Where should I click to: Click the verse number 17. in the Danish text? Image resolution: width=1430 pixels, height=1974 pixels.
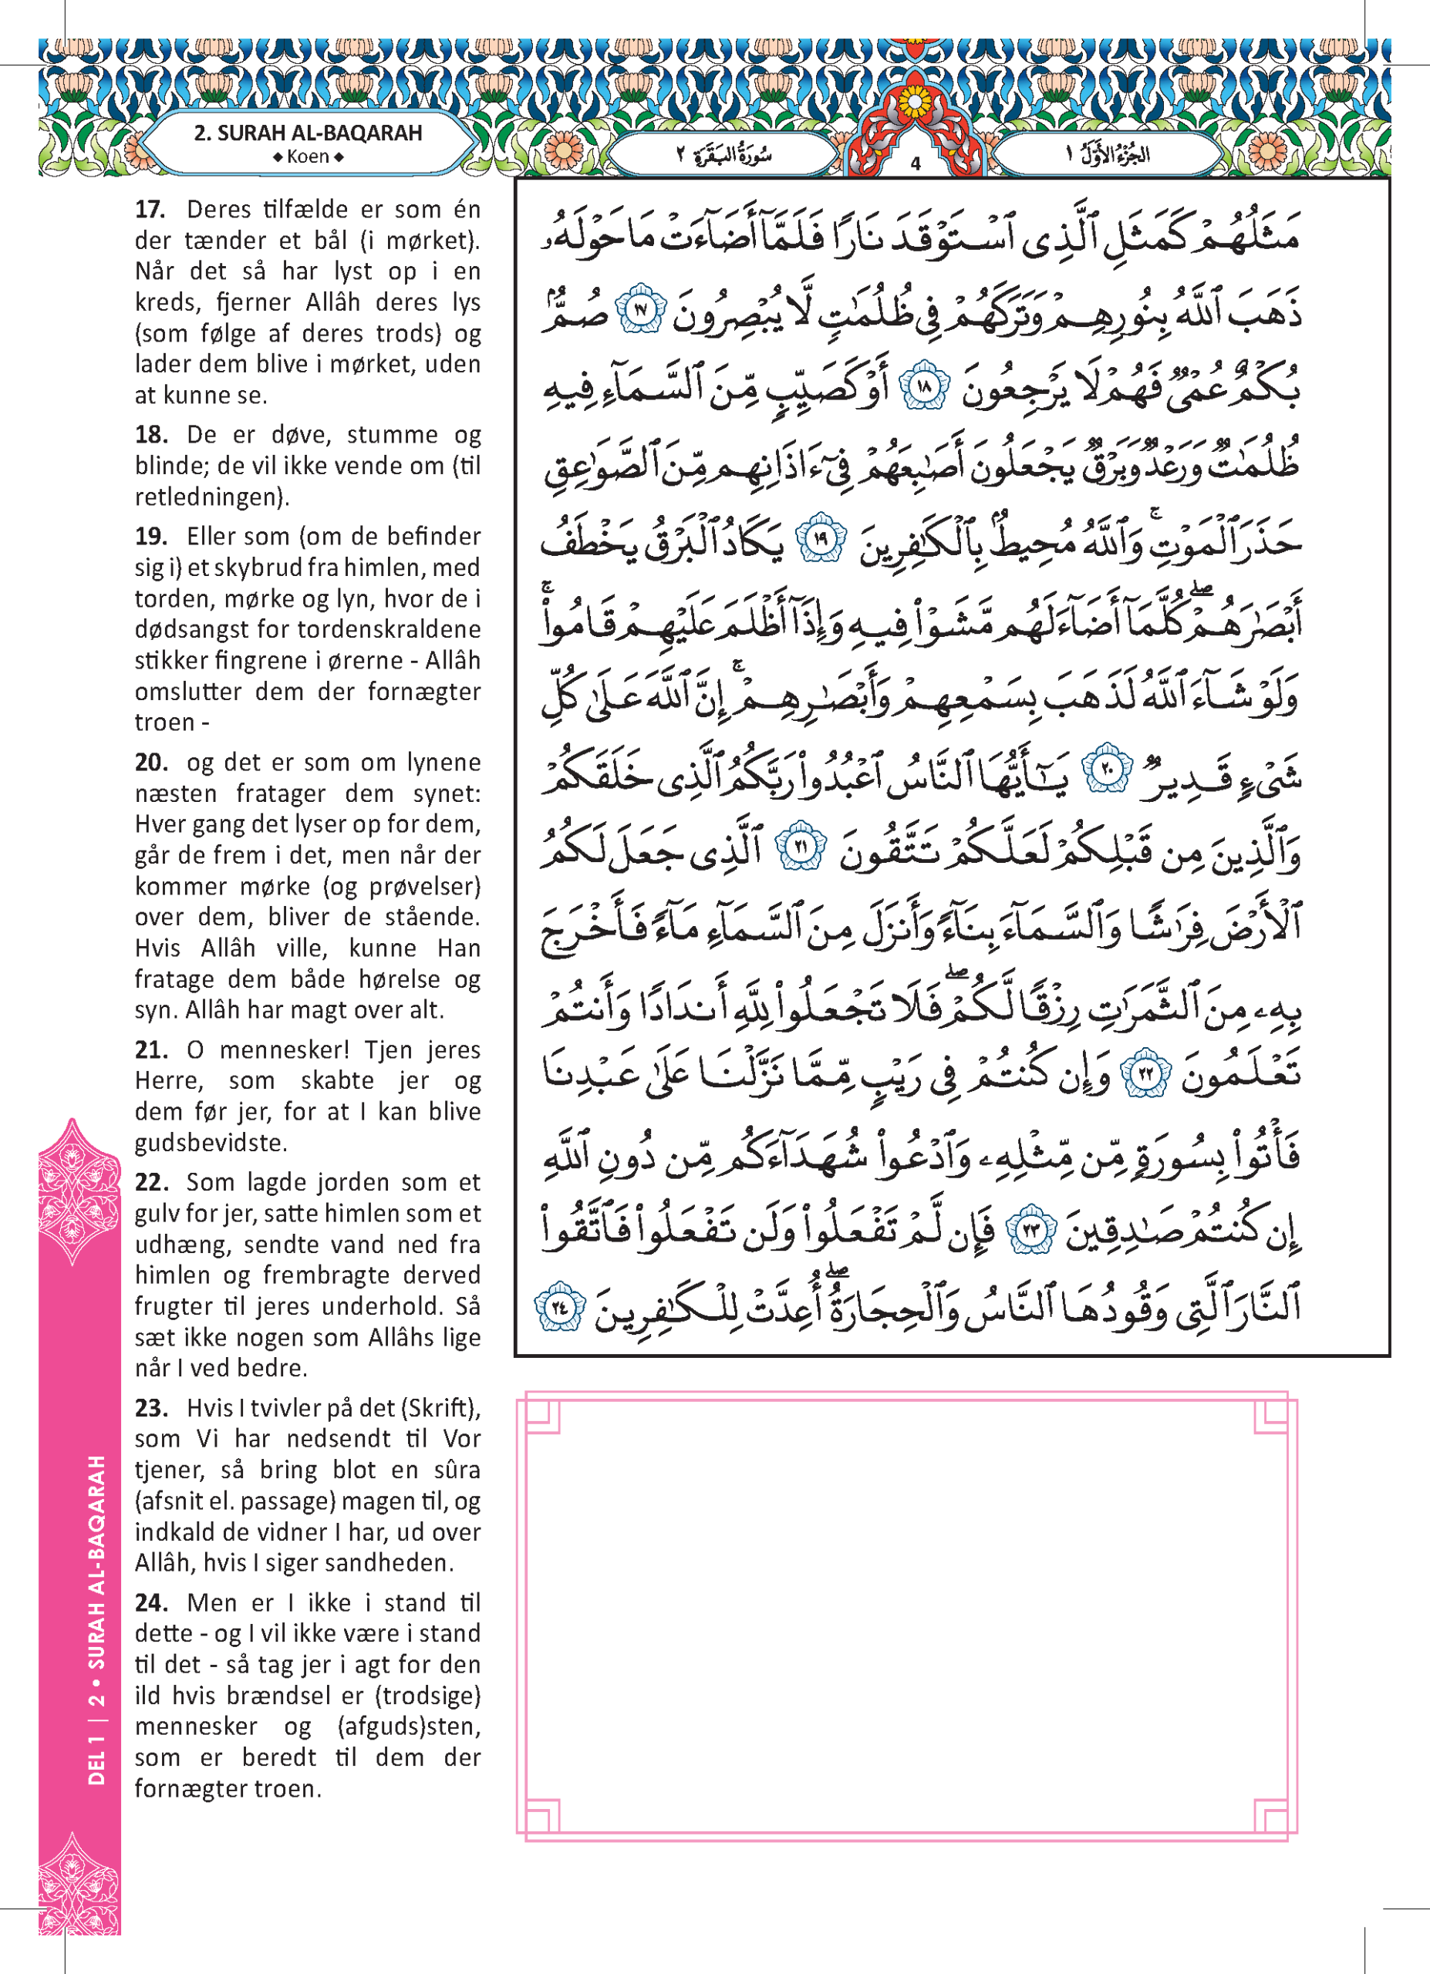pos(150,210)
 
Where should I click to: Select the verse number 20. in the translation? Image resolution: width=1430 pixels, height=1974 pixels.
pos(151,763)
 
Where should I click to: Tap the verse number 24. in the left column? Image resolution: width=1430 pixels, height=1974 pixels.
pos(151,1602)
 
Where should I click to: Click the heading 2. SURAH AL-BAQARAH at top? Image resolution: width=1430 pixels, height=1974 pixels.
pos(307,133)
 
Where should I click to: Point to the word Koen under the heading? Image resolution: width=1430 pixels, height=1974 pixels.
pos(307,157)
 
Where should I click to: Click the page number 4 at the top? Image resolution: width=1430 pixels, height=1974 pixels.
pos(915,163)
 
